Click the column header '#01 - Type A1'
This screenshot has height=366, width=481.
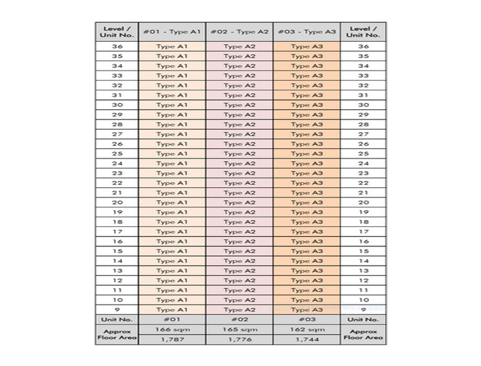click(x=172, y=32)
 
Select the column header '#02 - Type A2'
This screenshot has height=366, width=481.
click(x=239, y=32)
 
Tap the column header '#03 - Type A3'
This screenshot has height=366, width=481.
click(x=307, y=32)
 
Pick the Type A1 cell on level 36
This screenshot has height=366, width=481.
click(x=172, y=46)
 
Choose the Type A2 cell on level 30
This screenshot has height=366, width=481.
click(x=239, y=105)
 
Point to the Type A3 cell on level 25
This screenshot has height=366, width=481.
click(x=307, y=154)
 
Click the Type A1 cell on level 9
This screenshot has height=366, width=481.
click(x=172, y=310)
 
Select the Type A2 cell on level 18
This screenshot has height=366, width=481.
click(x=239, y=222)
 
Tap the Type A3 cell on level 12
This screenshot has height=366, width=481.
click(x=307, y=281)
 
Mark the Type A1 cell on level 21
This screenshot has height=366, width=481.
click(x=172, y=193)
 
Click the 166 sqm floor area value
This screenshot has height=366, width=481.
click(x=172, y=330)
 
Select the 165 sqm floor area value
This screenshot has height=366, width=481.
click(x=239, y=330)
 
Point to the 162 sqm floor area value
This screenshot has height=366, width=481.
click(x=307, y=330)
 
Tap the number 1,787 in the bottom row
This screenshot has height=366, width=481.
click(x=172, y=339)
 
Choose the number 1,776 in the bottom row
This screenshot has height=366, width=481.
click(x=239, y=339)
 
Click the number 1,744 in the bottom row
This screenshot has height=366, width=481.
click(x=307, y=339)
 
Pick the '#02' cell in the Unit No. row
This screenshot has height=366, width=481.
click(x=239, y=320)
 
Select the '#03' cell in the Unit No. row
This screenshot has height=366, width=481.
click(x=307, y=320)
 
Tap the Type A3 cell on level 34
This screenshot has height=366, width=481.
click(x=307, y=66)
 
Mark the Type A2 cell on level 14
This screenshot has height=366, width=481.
click(x=239, y=261)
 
